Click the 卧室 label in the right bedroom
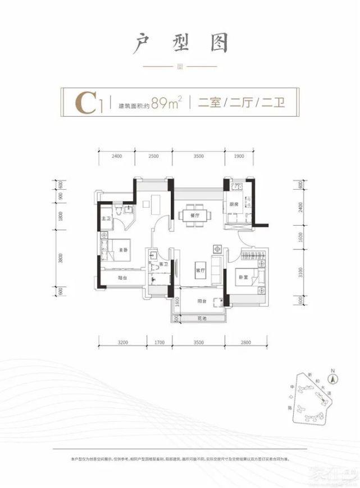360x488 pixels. pyautogui.click(x=243, y=277)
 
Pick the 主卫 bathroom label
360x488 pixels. pyautogui.click(x=106, y=218)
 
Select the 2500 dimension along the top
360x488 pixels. pyautogui.click(x=153, y=156)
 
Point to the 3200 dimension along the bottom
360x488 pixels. pyautogui.click(x=124, y=341)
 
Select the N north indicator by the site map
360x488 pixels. pyautogui.click(x=333, y=371)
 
